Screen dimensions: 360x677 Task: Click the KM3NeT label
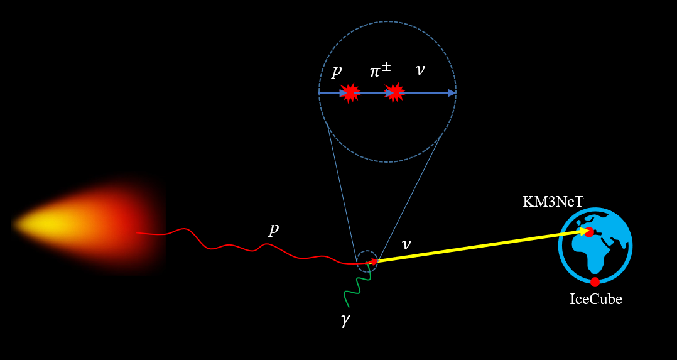(x=553, y=202)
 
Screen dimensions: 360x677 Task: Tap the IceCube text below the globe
(x=595, y=299)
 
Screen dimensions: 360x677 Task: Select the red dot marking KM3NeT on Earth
(x=588, y=232)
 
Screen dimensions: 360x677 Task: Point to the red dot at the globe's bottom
(x=595, y=282)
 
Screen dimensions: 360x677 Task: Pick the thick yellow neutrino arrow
(x=477, y=246)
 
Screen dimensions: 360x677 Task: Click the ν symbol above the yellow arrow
(x=406, y=244)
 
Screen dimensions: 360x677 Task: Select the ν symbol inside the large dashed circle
(x=420, y=70)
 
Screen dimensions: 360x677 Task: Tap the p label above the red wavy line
(x=273, y=229)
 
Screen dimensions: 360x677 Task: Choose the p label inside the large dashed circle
(x=337, y=70)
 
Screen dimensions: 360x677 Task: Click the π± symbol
(x=379, y=70)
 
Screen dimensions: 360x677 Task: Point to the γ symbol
(x=345, y=320)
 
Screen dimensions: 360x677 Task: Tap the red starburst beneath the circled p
(x=350, y=93)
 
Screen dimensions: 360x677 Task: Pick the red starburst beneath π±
(x=394, y=93)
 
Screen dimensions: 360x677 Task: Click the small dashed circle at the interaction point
(x=367, y=261)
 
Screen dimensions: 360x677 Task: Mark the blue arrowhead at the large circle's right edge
(x=452, y=93)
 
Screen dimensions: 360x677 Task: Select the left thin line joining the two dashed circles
(x=342, y=188)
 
